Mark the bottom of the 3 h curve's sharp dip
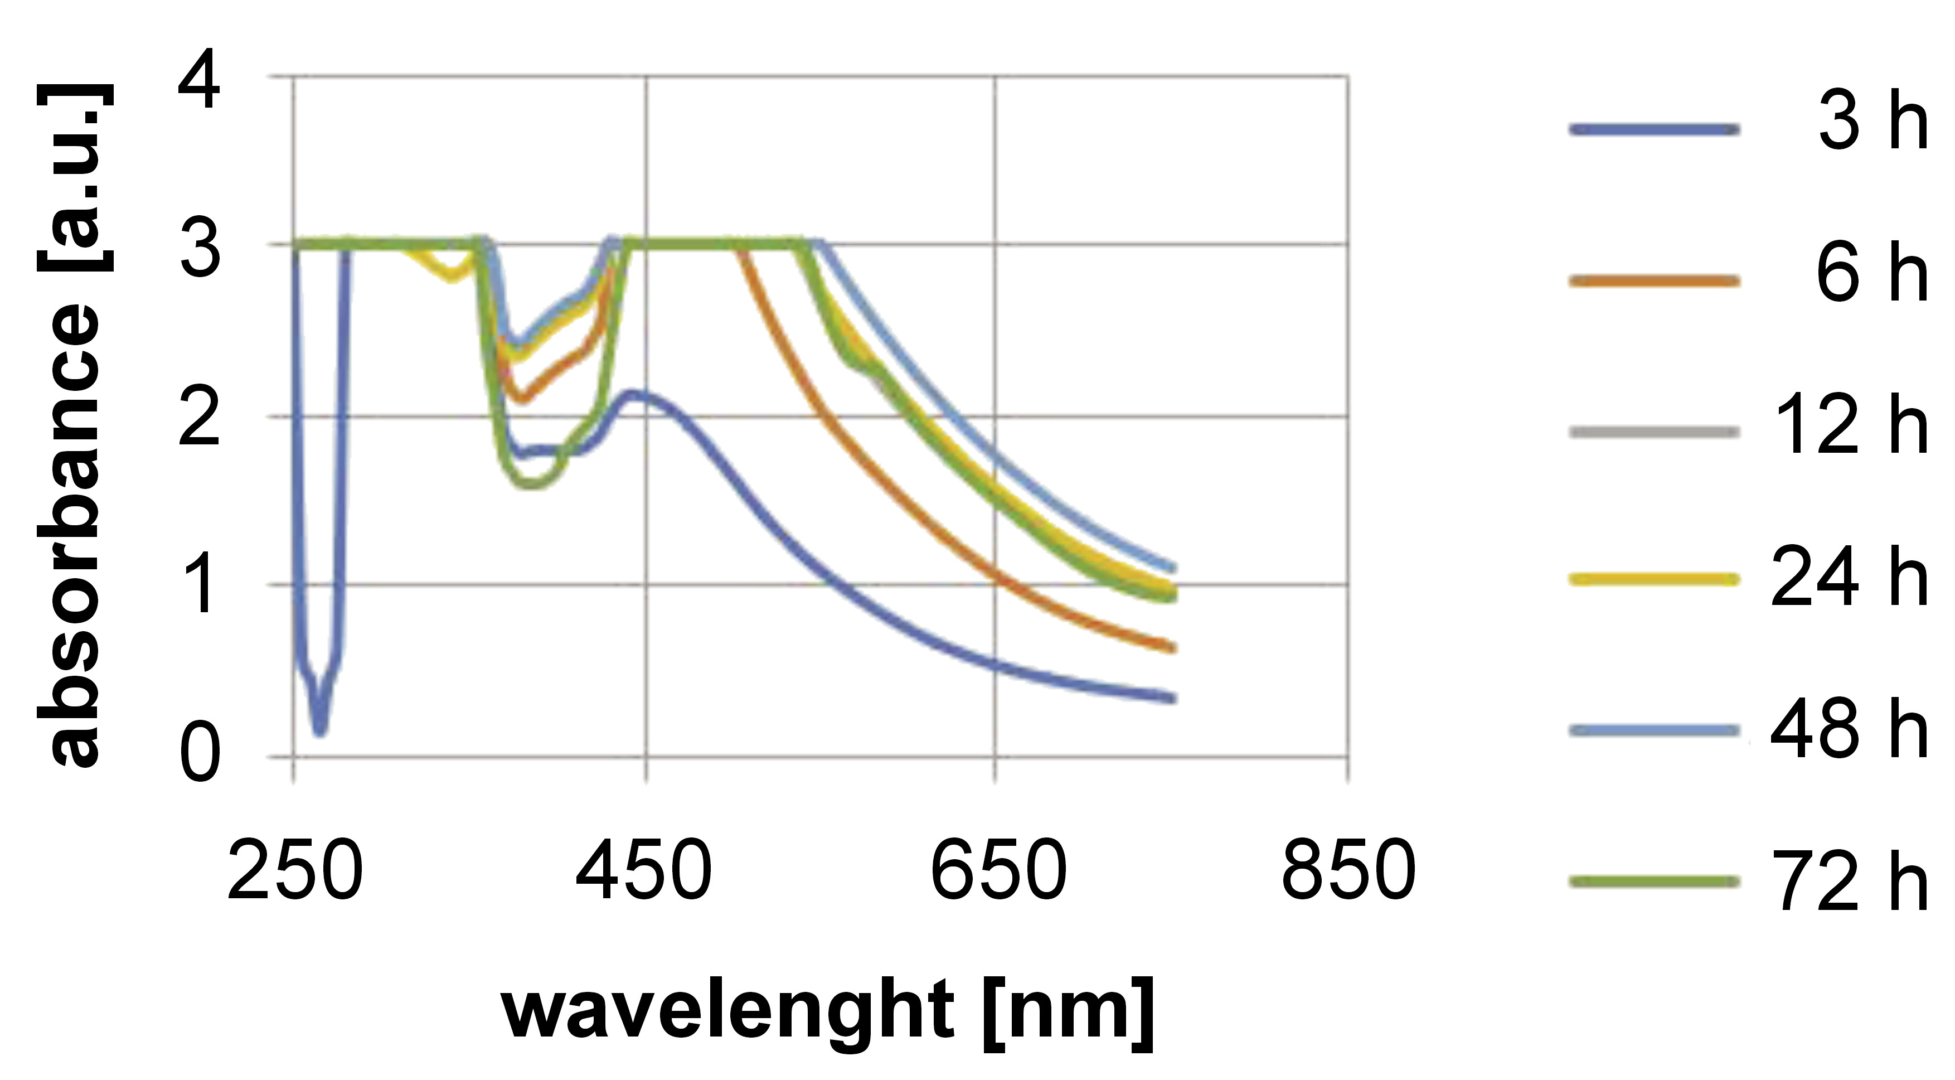(319, 730)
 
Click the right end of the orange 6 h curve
(1172, 648)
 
